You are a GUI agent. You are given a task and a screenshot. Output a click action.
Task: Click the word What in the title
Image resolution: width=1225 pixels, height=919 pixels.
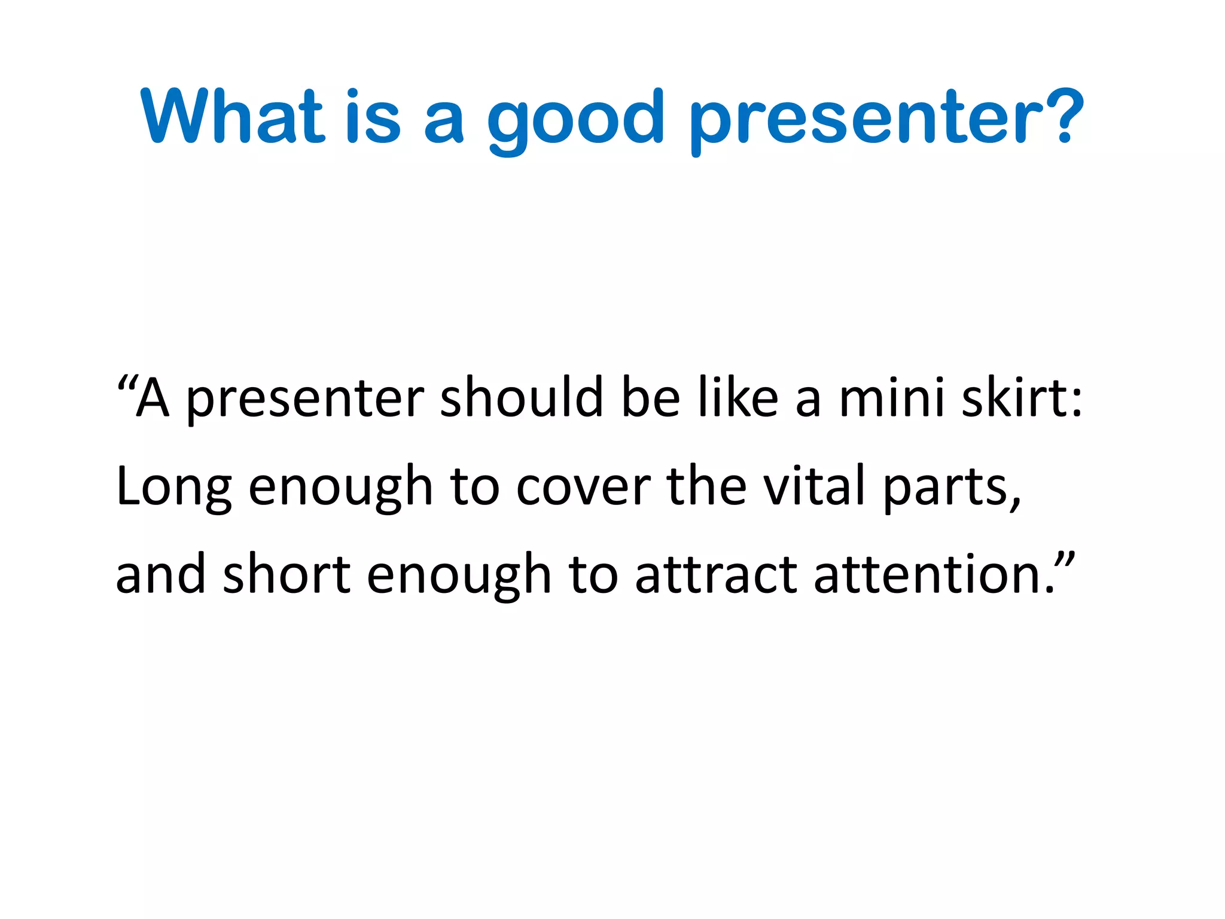click(233, 116)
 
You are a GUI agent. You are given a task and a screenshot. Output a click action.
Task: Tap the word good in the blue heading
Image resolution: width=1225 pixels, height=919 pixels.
click(575, 120)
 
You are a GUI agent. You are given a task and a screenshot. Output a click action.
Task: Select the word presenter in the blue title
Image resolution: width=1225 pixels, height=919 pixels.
click(867, 120)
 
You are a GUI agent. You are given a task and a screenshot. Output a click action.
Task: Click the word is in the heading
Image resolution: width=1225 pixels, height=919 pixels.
click(372, 116)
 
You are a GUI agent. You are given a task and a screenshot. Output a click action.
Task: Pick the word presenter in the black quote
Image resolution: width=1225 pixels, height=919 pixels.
click(305, 400)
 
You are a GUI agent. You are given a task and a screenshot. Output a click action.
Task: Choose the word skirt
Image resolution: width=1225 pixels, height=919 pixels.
click(1013, 397)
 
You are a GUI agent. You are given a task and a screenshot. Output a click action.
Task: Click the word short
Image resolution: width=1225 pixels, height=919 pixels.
click(287, 574)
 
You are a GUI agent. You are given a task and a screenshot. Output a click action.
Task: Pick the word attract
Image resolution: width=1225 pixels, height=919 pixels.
click(716, 574)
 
